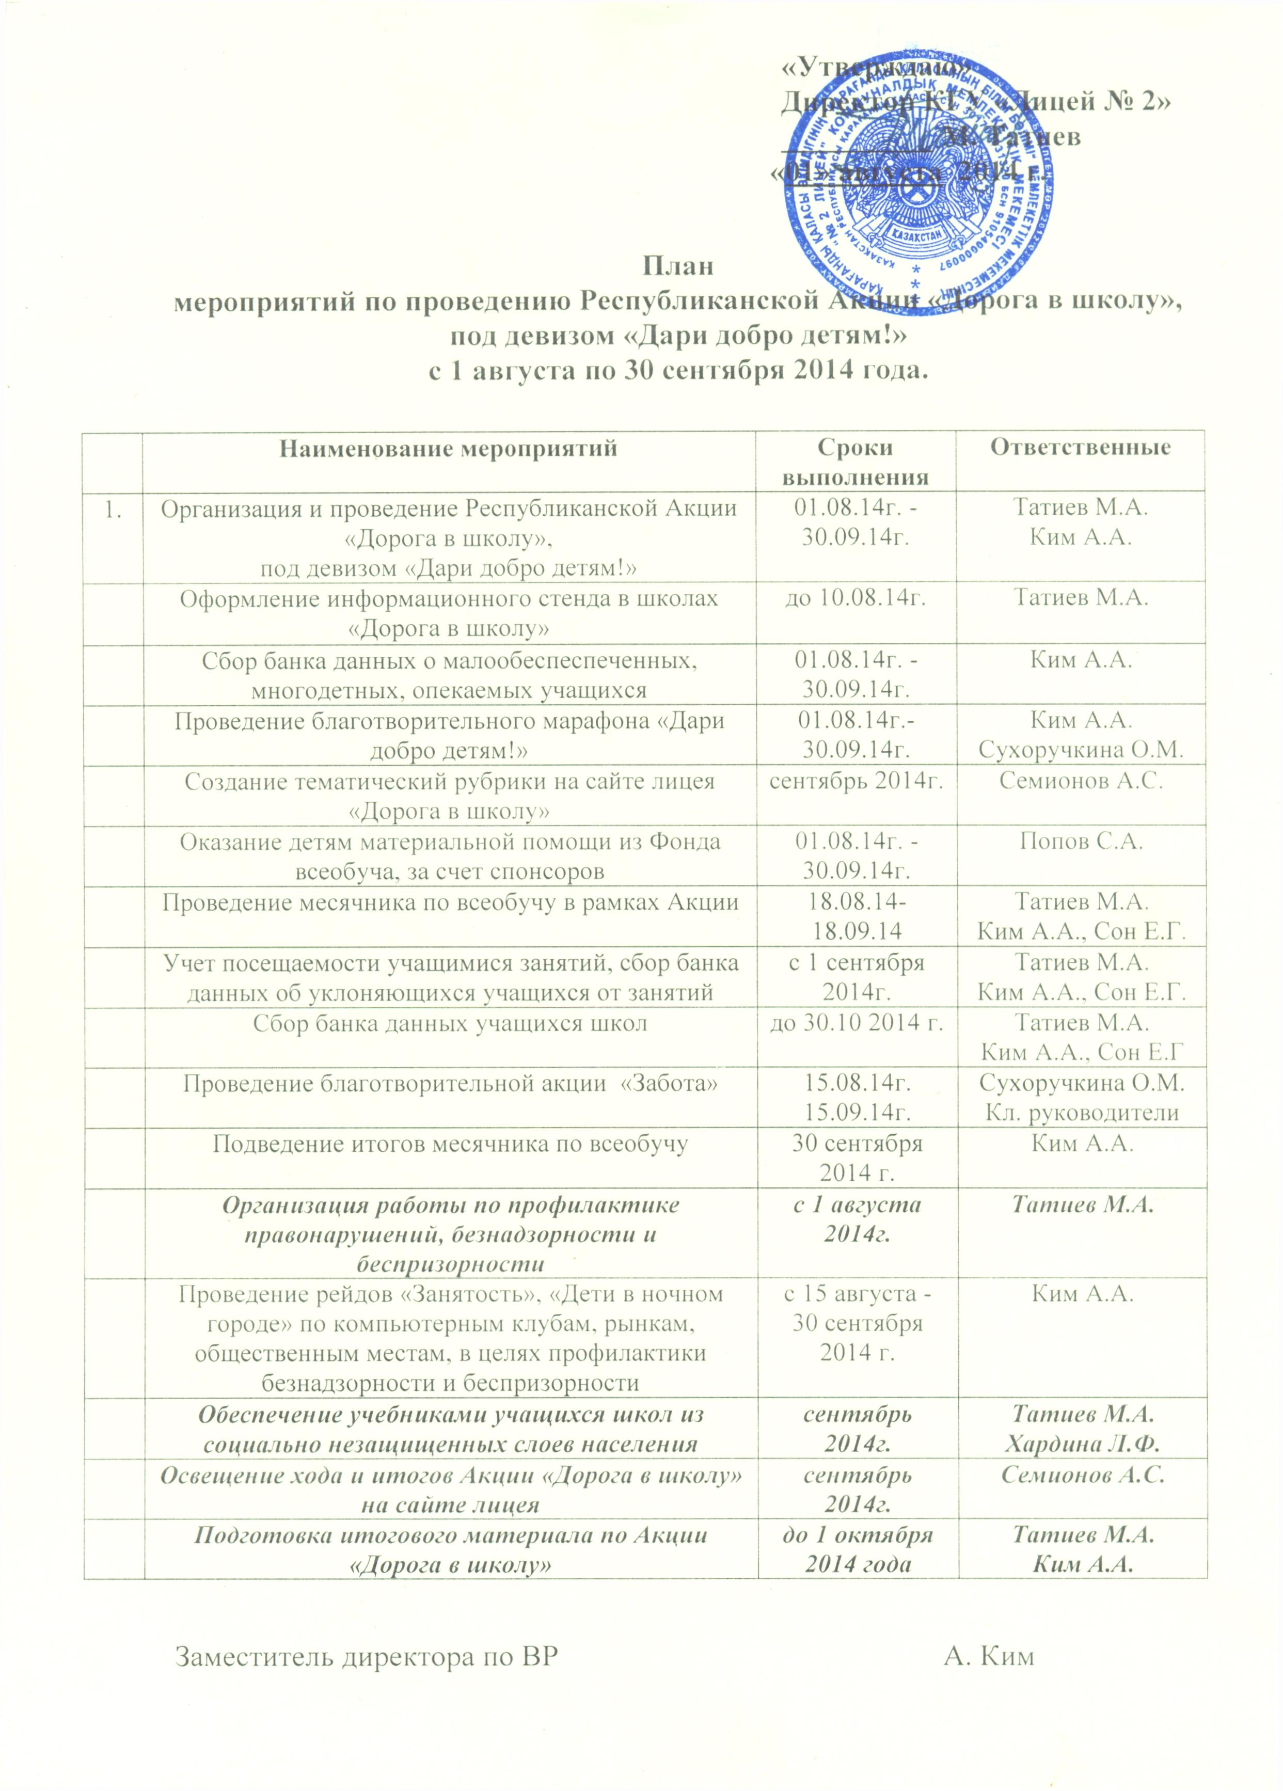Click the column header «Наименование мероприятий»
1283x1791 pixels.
click(x=449, y=449)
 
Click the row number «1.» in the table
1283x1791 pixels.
click(x=113, y=510)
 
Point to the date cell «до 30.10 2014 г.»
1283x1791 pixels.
click(x=856, y=1024)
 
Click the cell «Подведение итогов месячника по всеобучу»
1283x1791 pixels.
click(x=449, y=1143)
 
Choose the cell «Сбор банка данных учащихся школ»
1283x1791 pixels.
click(x=449, y=1024)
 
